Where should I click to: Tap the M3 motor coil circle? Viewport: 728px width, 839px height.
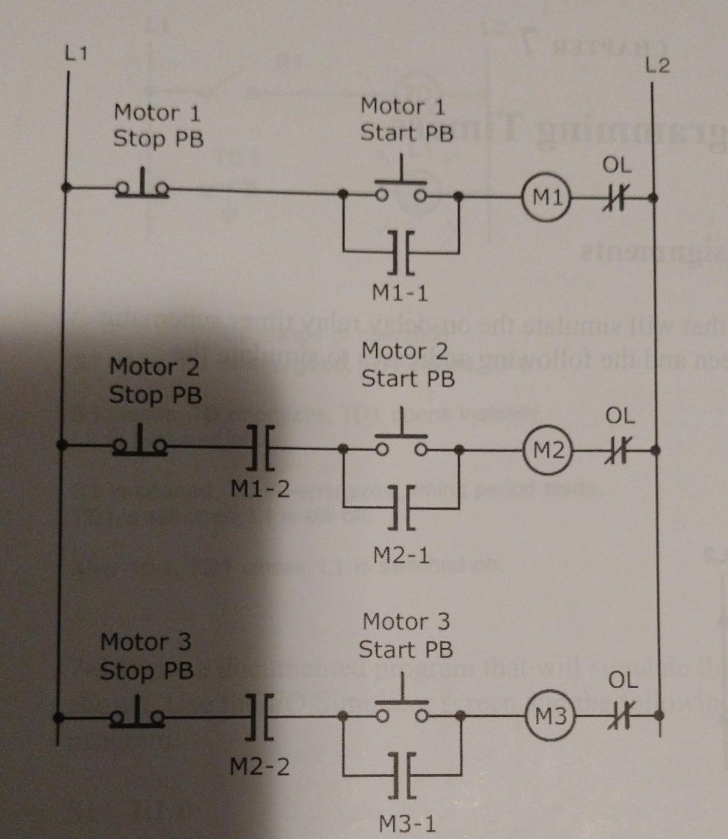point(551,716)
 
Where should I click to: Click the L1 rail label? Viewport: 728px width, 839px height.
point(76,54)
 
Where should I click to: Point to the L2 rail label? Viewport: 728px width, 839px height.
point(657,66)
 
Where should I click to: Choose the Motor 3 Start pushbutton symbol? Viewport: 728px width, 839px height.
point(403,705)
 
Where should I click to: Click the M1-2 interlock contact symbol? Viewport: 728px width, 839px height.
point(260,446)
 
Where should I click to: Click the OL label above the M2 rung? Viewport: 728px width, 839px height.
point(619,415)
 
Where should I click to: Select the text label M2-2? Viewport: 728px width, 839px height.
point(260,767)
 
